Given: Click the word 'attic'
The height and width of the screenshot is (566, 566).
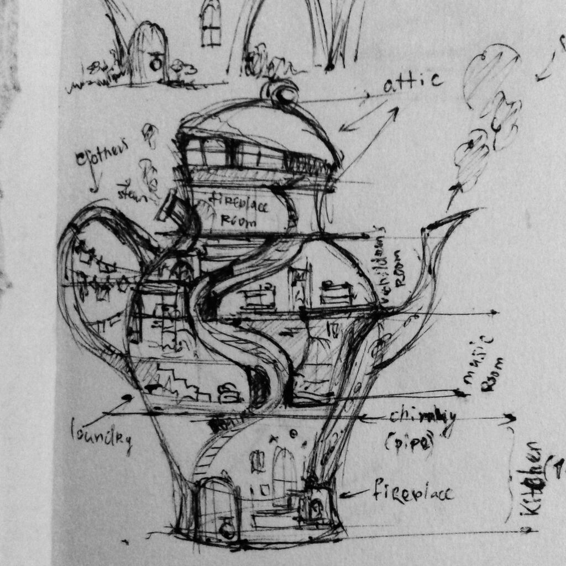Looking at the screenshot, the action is coord(413,83).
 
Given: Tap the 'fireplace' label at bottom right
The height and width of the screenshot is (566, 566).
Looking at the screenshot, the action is coord(413,491).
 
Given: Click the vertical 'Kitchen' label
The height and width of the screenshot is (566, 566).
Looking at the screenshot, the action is coord(532,479).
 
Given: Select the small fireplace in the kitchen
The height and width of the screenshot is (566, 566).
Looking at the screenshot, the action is coord(316,506).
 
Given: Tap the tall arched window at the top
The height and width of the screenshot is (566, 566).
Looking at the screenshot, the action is coord(211,23).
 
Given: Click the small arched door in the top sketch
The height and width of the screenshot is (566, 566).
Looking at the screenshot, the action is coord(148,54).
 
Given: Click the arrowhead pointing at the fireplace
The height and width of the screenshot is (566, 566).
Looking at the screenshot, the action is coord(343,494).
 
